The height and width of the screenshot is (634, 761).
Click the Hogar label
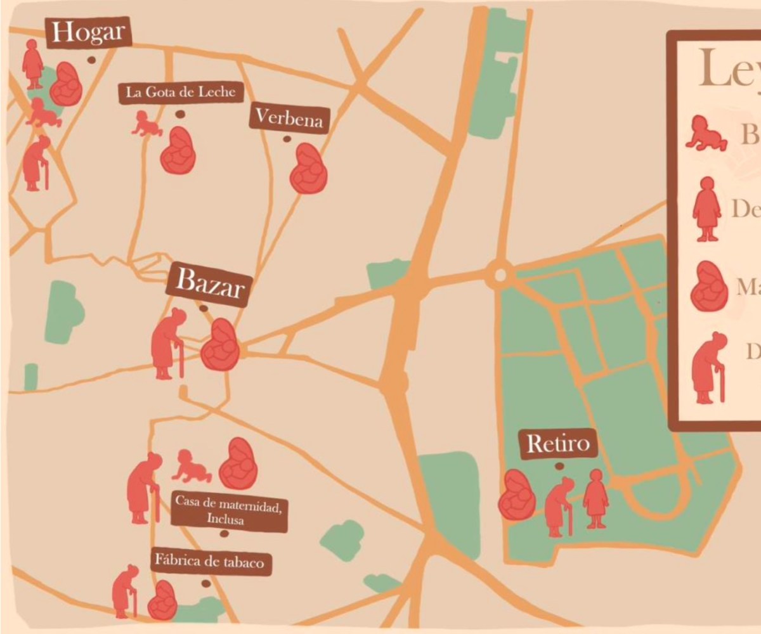click(x=88, y=32)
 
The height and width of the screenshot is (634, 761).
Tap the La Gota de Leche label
click(x=181, y=92)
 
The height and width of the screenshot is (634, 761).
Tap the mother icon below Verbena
click(x=308, y=168)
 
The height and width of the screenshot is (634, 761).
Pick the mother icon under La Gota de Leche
click(x=177, y=150)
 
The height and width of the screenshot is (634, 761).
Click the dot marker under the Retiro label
click(x=559, y=467)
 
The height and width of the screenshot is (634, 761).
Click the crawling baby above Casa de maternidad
click(x=192, y=467)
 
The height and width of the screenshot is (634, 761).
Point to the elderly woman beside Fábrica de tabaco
click(x=125, y=591)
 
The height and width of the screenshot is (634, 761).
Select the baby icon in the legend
click(x=706, y=133)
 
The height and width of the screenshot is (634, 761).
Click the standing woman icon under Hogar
click(x=32, y=64)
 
